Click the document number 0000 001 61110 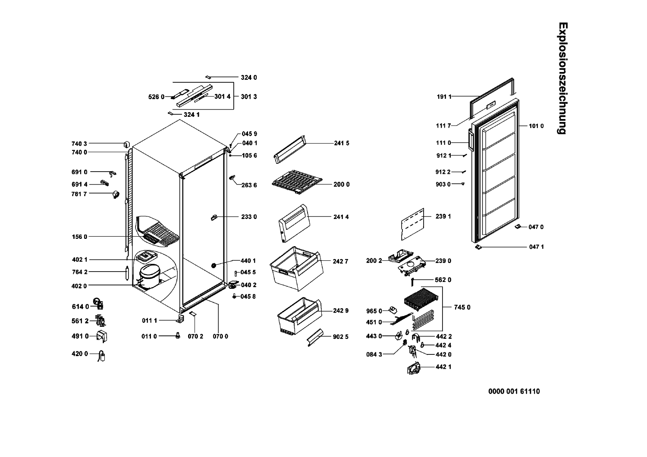point(514,391)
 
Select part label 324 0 point(249,78)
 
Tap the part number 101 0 point(536,126)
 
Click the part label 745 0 point(462,307)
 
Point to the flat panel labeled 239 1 point(412,223)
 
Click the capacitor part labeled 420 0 point(102,356)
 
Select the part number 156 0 point(79,237)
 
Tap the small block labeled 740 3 point(127,144)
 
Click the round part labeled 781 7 point(116,195)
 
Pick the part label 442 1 point(443,367)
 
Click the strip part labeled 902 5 point(314,337)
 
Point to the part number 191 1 point(444,97)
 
